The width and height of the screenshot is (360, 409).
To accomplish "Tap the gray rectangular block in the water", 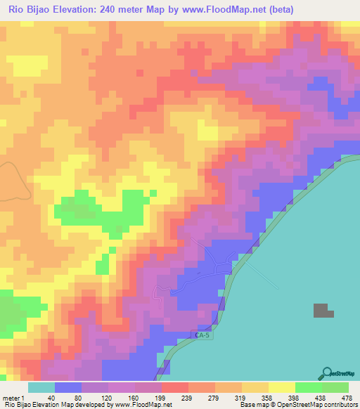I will coord(321,311).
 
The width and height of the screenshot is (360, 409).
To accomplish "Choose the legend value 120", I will coord(108,397).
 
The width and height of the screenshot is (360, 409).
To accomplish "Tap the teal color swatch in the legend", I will coord(41,387).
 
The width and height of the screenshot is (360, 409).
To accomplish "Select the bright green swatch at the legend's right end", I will coord(335,387).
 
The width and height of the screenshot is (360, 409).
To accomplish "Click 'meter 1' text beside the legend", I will coord(13,397).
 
